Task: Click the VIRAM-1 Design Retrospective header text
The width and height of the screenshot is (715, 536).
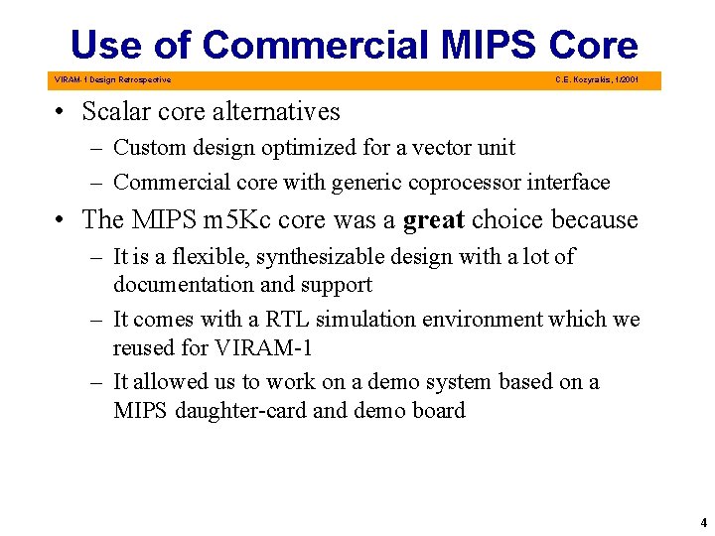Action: pos(111,79)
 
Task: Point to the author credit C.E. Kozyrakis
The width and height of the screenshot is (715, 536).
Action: pos(597,79)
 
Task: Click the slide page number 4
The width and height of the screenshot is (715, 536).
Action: pos(701,520)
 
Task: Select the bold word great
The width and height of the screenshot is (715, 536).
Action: pos(434,219)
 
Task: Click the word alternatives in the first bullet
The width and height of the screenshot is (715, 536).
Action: pos(272,112)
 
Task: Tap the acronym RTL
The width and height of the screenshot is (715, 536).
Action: pos(281,320)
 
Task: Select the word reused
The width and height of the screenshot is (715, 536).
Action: pos(144,347)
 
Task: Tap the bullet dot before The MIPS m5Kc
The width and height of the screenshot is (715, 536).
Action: pos(62,220)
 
